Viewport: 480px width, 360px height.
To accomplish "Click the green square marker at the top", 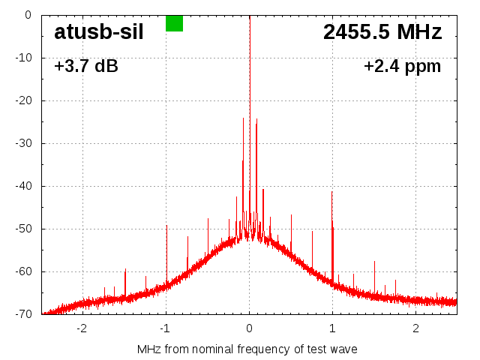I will pyautogui.click(x=174, y=23).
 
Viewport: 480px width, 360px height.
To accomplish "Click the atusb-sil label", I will pyautogui.click(x=98, y=32).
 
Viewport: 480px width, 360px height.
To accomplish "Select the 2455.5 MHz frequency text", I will pyautogui.click(x=382, y=32).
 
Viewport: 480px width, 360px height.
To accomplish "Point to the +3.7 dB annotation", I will pyautogui.click(x=85, y=67).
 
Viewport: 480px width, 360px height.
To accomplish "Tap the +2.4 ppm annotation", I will pyautogui.click(x=402, y=67).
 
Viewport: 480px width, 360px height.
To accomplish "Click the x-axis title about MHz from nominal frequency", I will pyautogui.click(x=247, y=349).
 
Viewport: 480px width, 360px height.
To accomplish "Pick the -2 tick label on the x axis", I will pyautogui.click(x=82, y=328).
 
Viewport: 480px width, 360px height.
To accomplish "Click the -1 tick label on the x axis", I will pyautogui.click(x=165, y=328).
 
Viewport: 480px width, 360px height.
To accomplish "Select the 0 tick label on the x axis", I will pyautogui.click(x=249, y=328).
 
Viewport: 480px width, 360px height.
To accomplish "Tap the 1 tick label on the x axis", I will pyautogui.click(x=332, y=328).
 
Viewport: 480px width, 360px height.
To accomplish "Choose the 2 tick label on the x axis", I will pyautogui.click(x=415, y=328).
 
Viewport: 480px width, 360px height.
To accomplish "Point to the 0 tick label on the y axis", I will pyautogui.click(x=27, y=15).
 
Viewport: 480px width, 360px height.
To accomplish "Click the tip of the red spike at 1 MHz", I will pyautogui.click(x=332, y=191).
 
